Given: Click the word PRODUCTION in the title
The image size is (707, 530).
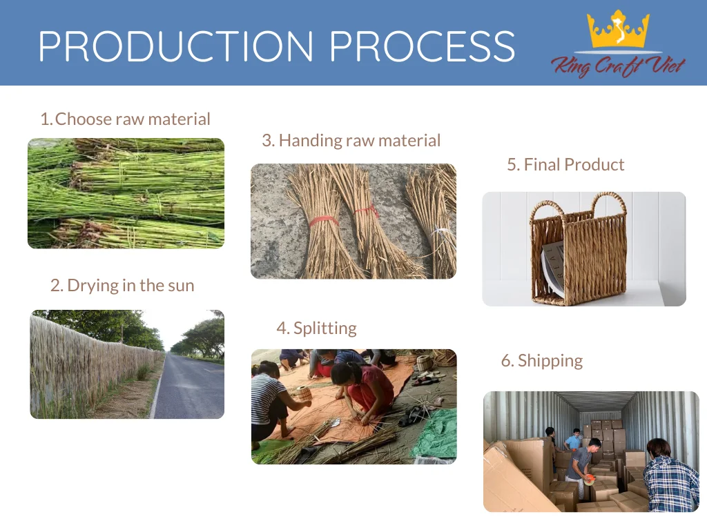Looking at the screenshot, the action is [x=176, y=46].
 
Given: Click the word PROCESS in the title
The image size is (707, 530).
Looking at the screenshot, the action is [x=423, y=46].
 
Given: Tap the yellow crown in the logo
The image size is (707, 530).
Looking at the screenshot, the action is [x=618, y=30].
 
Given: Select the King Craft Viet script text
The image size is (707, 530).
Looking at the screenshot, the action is [x=618, y=66].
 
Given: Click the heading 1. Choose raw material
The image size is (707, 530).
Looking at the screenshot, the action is [x=126, y=119].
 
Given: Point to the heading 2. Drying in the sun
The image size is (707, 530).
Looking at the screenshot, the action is [x=122, y=286].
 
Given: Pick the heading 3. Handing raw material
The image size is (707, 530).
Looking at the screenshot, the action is [x=351, y=140].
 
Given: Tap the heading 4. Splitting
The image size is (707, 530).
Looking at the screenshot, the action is [x=316, y=328].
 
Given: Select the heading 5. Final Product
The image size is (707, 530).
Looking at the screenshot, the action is [x=565, y=164].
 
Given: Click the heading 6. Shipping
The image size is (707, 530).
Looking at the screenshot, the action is [x=542, y=360].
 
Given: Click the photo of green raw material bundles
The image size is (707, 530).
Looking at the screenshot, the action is [x=126, y=193].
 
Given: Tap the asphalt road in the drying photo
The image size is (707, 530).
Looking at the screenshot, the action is [x=189, y=388].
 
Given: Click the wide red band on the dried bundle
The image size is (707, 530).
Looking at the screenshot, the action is [x=324, y=221].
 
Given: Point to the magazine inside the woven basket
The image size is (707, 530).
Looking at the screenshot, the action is [x=553, y=268].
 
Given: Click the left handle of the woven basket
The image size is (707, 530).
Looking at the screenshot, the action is [x=547, y=210].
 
